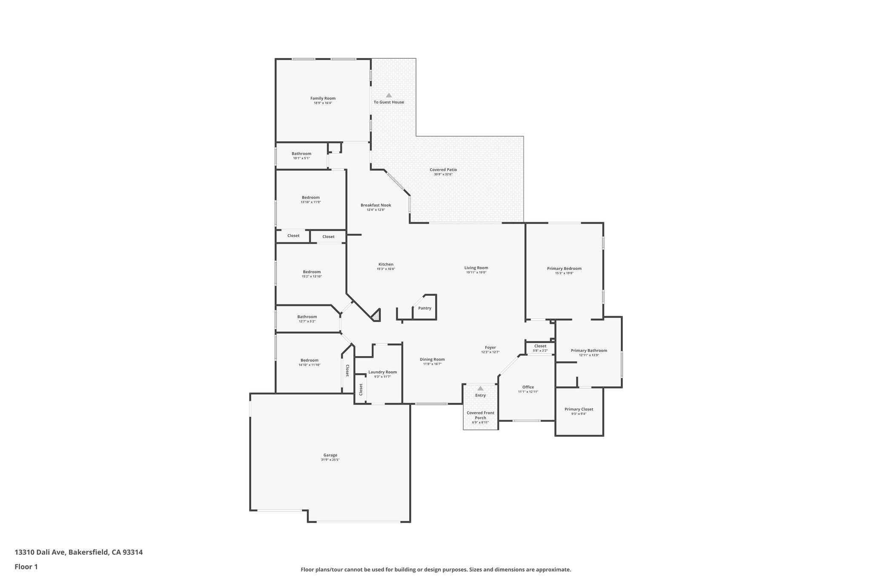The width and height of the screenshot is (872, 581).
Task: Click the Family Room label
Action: pyautogui.click(x=323, y=98)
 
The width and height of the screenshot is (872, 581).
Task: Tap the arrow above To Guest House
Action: pyautogui.click(x=389, y=95)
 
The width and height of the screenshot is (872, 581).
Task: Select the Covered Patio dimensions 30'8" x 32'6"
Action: pyautogui.click(x=443, y=175)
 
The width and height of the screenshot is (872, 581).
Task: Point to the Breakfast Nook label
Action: pyautogui.click(x=376, y=205)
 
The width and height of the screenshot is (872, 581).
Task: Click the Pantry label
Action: pyautogui.click(x=425, y=308)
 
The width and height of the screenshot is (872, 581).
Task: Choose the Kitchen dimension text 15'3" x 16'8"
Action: pyautogui.click(x=386, y=269)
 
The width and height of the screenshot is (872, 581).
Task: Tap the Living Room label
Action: pyautogui.click(x=476, y=268)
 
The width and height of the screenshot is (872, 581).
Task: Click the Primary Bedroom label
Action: pyautogui.click(x=564, y=269)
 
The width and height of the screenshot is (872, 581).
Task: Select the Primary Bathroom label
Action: pyautogui.click(x=589, y=351)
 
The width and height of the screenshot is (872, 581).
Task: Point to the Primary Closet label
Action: pyautogui.click(x=579, y=409)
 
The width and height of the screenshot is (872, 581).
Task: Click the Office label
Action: pyautogui.click(x=528, y=387)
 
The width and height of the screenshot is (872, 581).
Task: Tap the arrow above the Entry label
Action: pyautogui.click(x=480, y=388)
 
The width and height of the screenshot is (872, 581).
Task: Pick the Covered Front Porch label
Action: pyautogui.click(x=480, y=415)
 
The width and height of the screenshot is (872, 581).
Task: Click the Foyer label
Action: pyautogui.click(x=490, y=347)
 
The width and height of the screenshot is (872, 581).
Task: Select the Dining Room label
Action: pyautogui.click(x=432, y=359)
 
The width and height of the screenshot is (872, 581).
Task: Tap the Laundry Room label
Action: pyautogui.click(x=382, y=372)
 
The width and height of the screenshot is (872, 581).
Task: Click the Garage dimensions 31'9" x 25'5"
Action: pyautogui.click(x=330, y=460)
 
